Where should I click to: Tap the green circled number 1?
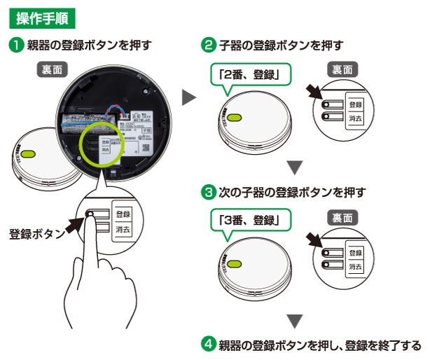15,46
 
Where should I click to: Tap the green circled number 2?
209,46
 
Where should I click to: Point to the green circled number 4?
209,345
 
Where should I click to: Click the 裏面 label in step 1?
50,69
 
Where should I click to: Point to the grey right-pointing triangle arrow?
188,97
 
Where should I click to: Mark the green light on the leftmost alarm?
27,153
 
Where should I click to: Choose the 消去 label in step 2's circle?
355,119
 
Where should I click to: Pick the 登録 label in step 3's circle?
355,252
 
